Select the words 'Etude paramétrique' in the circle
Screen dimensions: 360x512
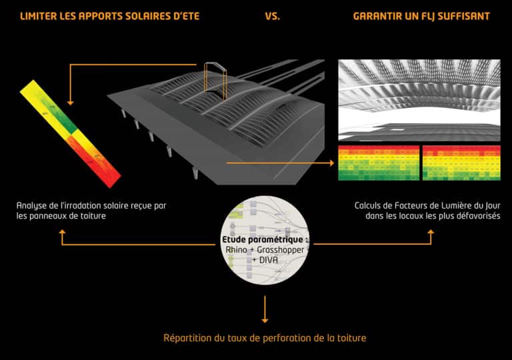pyautogui.click(x=263, y=239)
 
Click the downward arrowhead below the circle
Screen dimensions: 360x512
pyautogui.click(x=266, y=319)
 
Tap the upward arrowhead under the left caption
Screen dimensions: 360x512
pyautogui.click(x=62, y=233)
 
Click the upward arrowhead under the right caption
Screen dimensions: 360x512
pyautogui.click(x=430, y=233)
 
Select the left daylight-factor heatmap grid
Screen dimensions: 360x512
pyautogui.click(x=379, y=163)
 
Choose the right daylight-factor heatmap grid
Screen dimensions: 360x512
pyautogui.click(x=461, y=163)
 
